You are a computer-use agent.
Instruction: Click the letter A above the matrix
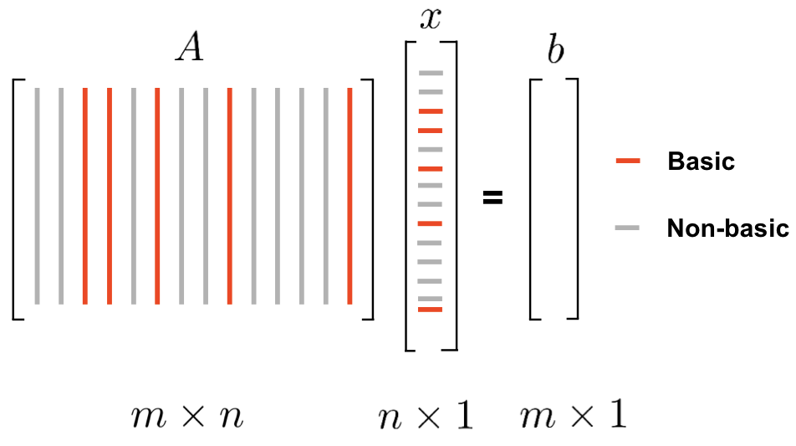pyautogui.click(x=190, y=50)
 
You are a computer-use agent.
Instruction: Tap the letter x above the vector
pyautogui.click(x=430, y=19)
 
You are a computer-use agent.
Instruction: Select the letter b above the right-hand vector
pyautogui.click(x=554, y=50)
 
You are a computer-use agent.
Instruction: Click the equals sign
pyautogui.click(x=493, y=198)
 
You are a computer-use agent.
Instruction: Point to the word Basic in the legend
pyautogui.click(x=701, y=161)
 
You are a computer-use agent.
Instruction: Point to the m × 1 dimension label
pyautogui.click(x=572, y=416)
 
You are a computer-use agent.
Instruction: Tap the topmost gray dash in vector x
pyautogui.click(x=430, y=74)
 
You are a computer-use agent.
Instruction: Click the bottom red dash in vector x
pyautogui.click(x=430, y=310)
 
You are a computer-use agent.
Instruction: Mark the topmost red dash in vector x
pyautogui.click(x=430, y=111)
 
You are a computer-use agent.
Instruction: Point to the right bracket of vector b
pyautogui.click(x=574, y=198)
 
